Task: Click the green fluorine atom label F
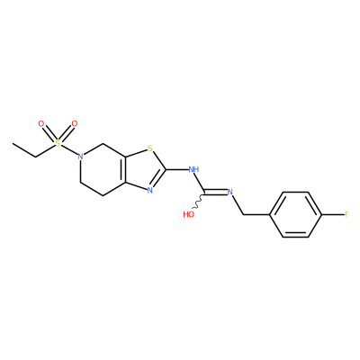346,214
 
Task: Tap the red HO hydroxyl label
189,214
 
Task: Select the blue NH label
193,169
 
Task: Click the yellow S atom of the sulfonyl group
58,143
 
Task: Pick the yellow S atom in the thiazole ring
150,148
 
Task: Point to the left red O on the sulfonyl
41,123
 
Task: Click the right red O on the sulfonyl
75,123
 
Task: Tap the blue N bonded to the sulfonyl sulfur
80,157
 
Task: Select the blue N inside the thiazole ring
150,190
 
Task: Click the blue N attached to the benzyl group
230,192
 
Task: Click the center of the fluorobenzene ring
296,214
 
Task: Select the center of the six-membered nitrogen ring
103,169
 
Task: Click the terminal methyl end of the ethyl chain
13,143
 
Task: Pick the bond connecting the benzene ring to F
333,214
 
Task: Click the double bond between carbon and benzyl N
216,192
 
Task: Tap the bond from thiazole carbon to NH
177,169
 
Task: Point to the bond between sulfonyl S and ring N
69,150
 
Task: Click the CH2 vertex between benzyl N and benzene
243,214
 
